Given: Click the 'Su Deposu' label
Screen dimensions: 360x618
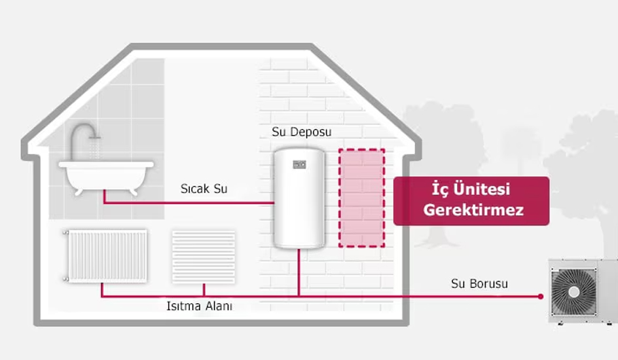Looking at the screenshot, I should click(x=301, y=132).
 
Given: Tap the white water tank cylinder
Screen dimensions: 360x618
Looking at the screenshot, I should click(x=299, y=200).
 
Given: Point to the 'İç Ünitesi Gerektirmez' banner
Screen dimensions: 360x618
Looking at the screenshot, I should click(x=471, y=200).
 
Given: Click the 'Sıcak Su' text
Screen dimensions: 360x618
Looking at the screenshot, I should click(x=204, y=189).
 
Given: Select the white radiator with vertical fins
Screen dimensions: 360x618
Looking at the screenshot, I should click(x=106, y=255).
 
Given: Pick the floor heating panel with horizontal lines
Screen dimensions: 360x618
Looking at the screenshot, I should click(x=203, y=256).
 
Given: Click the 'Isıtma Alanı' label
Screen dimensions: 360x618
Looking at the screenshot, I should click(x=199, y=306).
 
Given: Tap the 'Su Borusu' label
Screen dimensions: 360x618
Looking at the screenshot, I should click(x=479, y=284).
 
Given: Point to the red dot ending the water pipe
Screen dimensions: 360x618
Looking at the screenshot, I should click(x=541, y=296).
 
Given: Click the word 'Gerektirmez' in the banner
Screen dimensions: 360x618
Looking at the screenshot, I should click(x=473, y=211).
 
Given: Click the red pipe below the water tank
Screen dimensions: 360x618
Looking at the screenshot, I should click(x=299, y=272).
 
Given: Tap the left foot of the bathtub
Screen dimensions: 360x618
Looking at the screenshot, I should click(x=79, y=191).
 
